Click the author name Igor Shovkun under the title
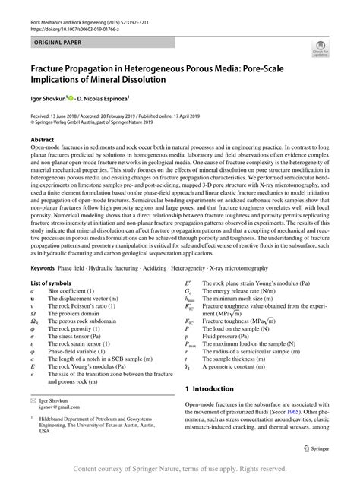(x=47, y=98)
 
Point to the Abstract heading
(x=42, y=141)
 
